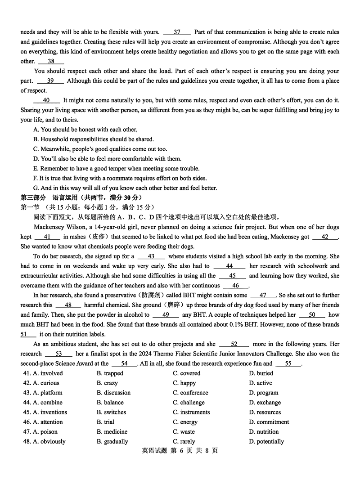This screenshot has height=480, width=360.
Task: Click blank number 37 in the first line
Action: click(177, 32)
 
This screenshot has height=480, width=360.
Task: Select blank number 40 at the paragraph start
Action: click(46, 100)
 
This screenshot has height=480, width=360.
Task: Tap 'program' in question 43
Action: click(267, 393)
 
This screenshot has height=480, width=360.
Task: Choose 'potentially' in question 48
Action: click(270, 442)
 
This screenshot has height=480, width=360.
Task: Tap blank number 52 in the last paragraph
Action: click(234, 344)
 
